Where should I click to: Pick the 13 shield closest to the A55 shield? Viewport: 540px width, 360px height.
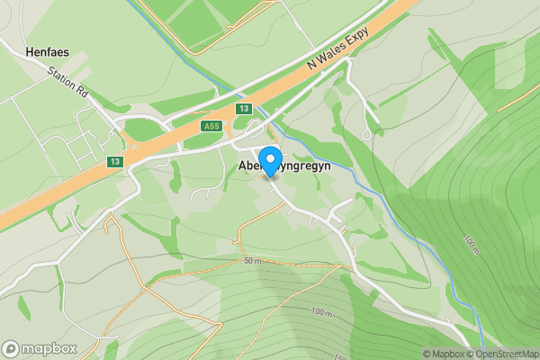(x=243, y=108)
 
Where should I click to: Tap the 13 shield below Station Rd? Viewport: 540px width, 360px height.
(x=114, y=161)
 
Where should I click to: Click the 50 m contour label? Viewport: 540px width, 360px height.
(x=251, y=261)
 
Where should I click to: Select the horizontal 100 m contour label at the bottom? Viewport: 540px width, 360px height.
(x=322, y=311)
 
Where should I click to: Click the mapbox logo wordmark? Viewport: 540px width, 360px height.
(x=49, y=348)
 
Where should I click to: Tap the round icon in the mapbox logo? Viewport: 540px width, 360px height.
(x=11, y=348)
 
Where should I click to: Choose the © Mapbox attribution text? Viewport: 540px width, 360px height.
(x=443, y=354)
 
